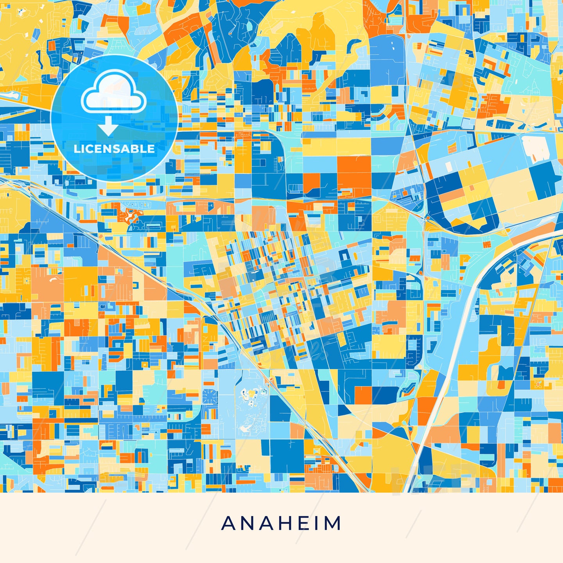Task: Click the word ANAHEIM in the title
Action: click(x=281, y=523)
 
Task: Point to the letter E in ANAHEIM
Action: click(x=305, y=523)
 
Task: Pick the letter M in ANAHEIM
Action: click(x=333, y=523)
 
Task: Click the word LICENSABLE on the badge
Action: click(x=114, y=149)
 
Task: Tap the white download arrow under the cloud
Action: click(x=108, y=127)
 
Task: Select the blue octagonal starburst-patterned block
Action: click(x=210, y=397)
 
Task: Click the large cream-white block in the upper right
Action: click(x=536, y=149)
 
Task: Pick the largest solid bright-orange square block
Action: click(x=354, y=172)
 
